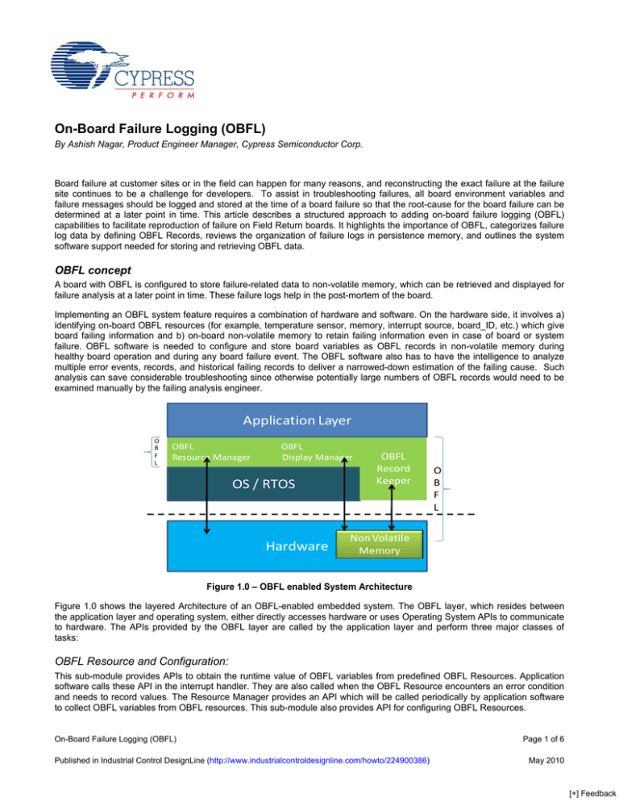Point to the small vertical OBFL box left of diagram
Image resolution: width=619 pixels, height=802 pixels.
(x=156, y=452)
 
